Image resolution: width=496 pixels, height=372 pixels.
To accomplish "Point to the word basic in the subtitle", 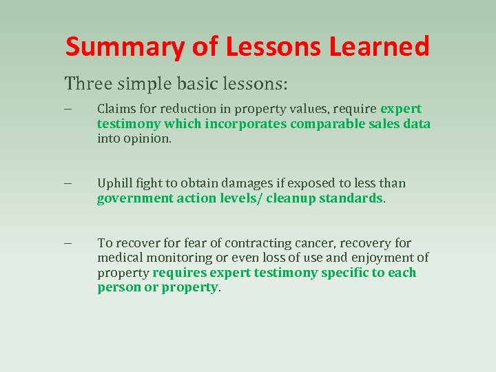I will (x=189, y=84).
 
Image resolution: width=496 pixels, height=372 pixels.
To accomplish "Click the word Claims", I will (x=114, y=109).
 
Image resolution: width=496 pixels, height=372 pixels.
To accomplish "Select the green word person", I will (x=118, y=287).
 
